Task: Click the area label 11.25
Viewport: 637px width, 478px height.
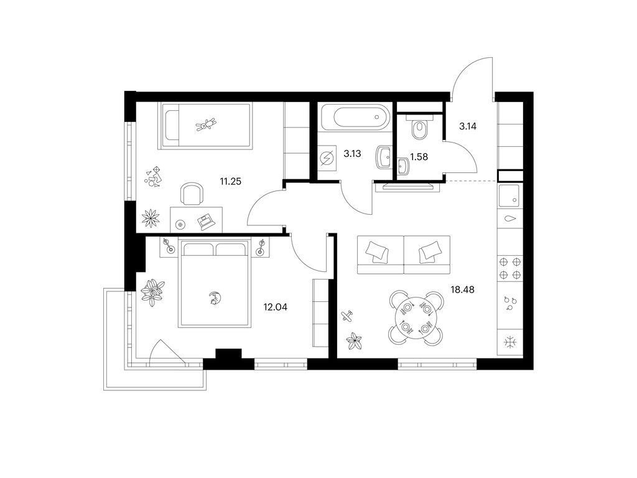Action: click(230, 181)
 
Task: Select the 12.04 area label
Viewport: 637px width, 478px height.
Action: click(275, 307)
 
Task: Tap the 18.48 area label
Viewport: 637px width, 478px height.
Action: click(462, 290)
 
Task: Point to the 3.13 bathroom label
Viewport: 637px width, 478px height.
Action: click(352, 154)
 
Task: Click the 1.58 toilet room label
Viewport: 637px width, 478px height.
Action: click(419, 156)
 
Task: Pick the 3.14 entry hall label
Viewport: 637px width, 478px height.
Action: click(468, 126)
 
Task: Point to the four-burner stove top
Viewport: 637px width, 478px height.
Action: click(510, 268)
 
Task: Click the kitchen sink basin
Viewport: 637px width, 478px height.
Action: click(509, 194)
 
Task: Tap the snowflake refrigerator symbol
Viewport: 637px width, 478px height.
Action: click(510, 343)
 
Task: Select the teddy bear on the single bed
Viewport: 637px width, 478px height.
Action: click(207, 124)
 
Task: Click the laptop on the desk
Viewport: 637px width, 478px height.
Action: click(205, 222)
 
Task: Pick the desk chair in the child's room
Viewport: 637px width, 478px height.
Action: click(192, 194)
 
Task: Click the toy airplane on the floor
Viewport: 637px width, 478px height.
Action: click(346, 316)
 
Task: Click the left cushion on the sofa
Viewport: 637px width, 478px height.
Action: click(377, 251)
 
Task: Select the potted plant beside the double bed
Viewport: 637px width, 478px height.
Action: click(153, 292)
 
